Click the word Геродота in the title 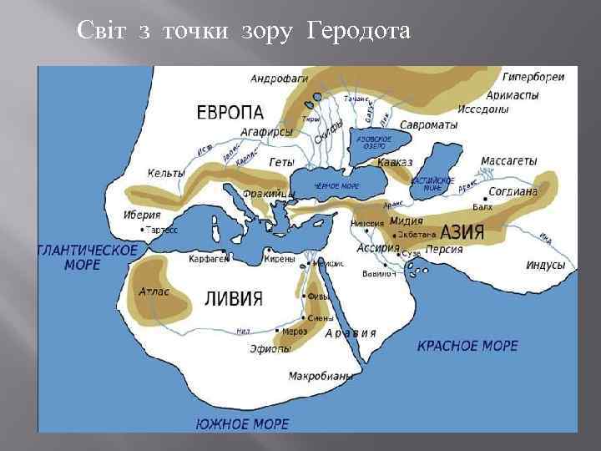[x=360, y=32]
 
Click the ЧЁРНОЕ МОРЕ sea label [x=336, y=186]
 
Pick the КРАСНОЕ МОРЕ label [x=467, y=345]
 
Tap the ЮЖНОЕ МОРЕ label [x=242, y=423]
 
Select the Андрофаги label [x=279, y=79]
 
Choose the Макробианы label [x=320, y=376]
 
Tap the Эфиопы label [x=270, y=349]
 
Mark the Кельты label [x=166, y=173]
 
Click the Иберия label [x=141, y=215]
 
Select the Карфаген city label [x=209, y=259]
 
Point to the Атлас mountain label [x=154, y=291]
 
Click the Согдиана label [x=513, y=191]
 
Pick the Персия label [x=444, y=249]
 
